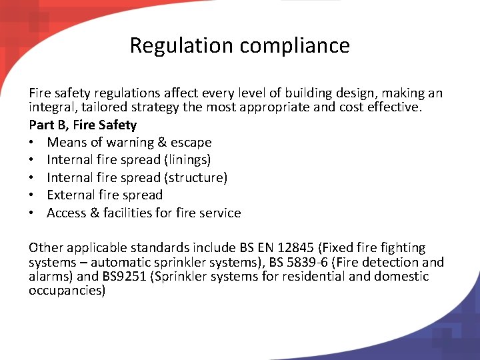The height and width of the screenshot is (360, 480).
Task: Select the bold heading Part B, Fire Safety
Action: pyautogui.click(x=83, y=125)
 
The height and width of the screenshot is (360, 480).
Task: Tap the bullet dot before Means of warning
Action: pyautogui.click(x=33, y=143)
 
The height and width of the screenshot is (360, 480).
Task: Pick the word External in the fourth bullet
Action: pyautogui.click(x=71, y=195)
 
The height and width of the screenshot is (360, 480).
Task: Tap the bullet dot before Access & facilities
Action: pyautogui.click(x=33, y=213)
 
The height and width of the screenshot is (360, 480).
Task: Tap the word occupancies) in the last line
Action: pyautogui.click(x=67, y=291)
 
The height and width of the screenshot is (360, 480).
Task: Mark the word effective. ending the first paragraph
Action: pyautogui.click(x=395, y=107)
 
